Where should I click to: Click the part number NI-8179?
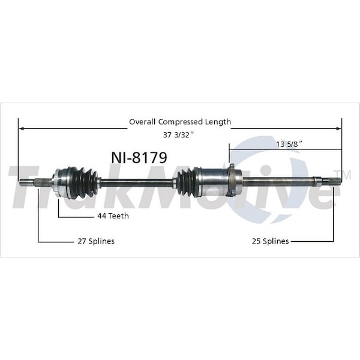(x=139, y=158)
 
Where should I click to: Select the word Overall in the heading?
(x=142, y=122)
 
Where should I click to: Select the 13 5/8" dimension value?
(x=289, y=145)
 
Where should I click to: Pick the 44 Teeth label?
(x=113, y=216)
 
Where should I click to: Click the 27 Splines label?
(x=96, y=241)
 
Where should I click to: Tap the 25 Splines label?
(x=270, y=241)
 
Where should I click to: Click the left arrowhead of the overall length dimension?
(x=22, y=128)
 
